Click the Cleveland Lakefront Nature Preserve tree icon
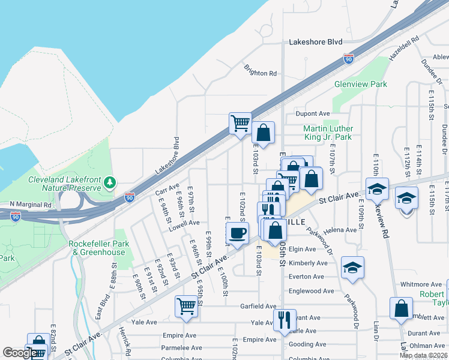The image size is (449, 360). [x=109, y=182]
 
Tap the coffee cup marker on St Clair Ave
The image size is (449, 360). [x=237, y=233]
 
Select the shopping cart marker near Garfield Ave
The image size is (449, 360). [x=187, y=306]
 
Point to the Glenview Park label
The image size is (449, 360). [x=360, y=85]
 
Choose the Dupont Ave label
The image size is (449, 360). [x=313, y=113]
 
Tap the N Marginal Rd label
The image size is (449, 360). [x=31, y=204]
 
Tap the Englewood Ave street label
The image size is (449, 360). [x=312, y=291]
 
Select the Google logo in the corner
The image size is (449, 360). [x=19, y=353]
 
